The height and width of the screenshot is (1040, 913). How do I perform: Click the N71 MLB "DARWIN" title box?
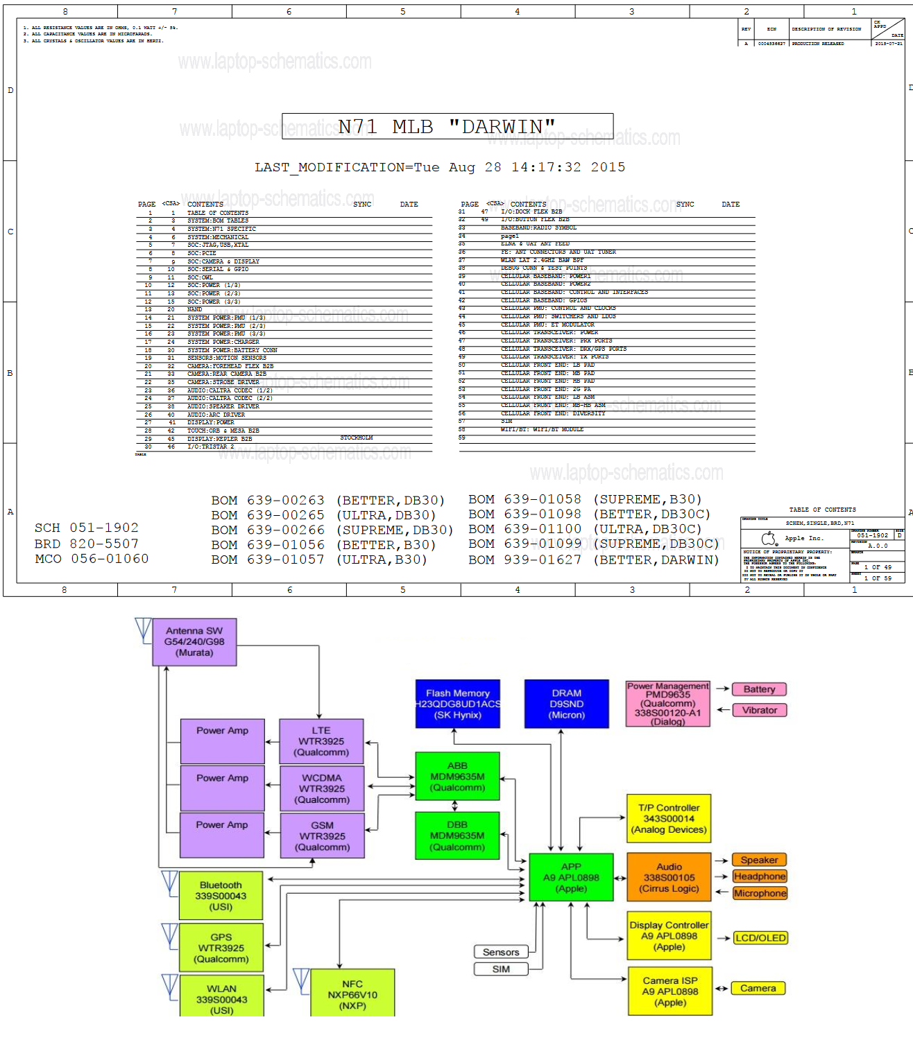(x=447, y=126)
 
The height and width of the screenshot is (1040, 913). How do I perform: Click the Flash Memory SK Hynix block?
(x=457, y=704)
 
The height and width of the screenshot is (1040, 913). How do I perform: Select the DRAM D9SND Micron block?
(x=567, y=704)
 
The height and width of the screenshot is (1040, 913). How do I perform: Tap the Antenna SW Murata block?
(x=194, y=642)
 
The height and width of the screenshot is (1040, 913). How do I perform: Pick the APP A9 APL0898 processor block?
(x=571, y=877)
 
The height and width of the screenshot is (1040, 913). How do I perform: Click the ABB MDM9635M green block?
(x=457, y=777)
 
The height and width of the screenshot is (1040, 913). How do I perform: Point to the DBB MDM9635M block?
(x=457, y=835)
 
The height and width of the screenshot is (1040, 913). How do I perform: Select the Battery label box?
(x=759, y=689)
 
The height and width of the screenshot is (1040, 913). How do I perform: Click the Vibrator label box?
(x=759, y=710)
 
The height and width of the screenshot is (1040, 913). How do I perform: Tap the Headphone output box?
(x=760, y=876)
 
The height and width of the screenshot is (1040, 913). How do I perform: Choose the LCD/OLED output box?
(x=760, y=938)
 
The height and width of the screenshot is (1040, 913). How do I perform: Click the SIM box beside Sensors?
(x=501, y=969)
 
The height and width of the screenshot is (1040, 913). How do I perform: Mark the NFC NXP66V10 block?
(x=352, y=994)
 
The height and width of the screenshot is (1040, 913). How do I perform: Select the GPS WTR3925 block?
(x=221, y=948)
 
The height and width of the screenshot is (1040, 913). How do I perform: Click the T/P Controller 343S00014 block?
(x=669, y=819)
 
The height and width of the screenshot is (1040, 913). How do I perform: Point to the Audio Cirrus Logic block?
(x=669, y=877)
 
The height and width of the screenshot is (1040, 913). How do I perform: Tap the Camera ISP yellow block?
(x=670, y=991)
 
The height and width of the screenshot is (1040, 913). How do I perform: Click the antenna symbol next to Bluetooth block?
(x=170, y=883)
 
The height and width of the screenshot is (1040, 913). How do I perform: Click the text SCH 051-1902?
(x=87, y=528)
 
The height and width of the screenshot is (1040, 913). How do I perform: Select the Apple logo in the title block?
(x=769, y=539)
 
